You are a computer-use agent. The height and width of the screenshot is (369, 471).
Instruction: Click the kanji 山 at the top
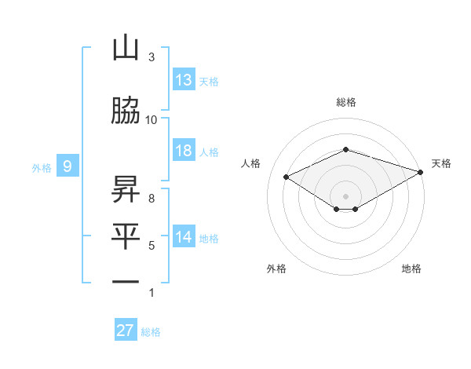(126, 49)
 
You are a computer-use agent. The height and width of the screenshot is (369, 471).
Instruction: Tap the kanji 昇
(126, 189)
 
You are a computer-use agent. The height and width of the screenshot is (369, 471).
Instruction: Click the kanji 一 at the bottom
(126, 281)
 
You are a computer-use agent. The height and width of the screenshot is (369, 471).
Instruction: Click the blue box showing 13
(184, 80)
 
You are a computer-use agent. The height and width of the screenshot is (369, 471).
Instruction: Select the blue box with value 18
(184, 151)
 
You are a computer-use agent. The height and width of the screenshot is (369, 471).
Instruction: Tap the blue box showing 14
(184, 237)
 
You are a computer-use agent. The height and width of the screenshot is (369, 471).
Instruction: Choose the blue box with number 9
(68, 166)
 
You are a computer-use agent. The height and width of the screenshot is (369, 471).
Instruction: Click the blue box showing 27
(126, 331)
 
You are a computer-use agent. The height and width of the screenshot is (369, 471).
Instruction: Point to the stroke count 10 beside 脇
(152, 119)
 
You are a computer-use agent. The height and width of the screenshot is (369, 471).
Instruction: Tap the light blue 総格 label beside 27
(152, 332)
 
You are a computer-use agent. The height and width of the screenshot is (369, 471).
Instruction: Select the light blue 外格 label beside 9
(42, 167)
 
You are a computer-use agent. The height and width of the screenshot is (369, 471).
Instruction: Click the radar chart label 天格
(441, 163)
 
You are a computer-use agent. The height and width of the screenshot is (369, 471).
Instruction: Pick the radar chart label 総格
(345, 102)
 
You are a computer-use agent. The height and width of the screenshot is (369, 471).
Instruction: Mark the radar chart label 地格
(411, 269)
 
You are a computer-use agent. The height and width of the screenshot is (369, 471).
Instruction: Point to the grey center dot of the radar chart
(345, 195)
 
